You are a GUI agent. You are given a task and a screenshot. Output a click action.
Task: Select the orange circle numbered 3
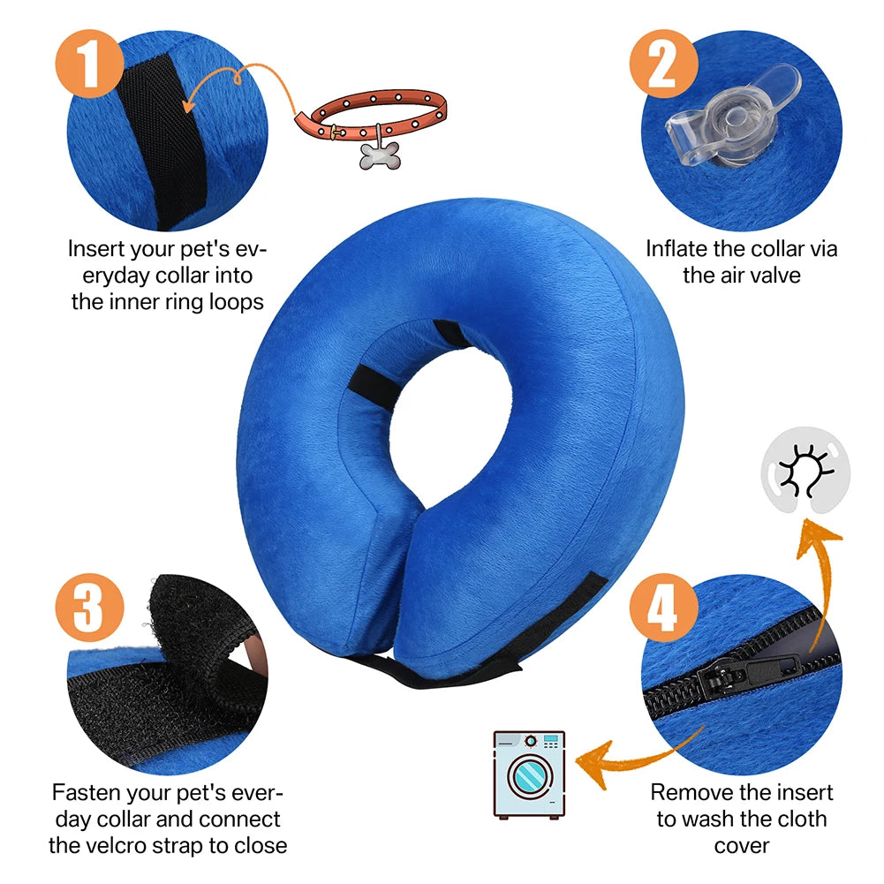point(89,608)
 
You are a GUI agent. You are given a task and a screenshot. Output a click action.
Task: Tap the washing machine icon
point(529,774)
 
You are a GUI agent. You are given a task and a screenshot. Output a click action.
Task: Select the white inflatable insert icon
point(805,465)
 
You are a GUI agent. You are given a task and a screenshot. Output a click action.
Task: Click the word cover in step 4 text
point(742,845)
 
